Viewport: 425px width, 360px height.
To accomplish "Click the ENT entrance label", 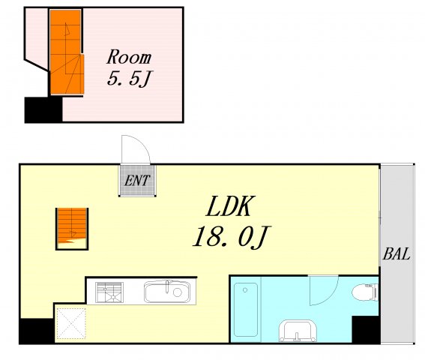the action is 137,181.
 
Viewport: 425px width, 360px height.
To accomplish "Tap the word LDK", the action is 230,206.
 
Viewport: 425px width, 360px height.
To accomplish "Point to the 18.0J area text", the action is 230,238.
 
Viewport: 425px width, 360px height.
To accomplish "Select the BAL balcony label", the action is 396,254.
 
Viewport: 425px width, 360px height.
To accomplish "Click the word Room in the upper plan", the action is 129,58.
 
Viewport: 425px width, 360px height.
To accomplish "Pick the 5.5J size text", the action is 130,79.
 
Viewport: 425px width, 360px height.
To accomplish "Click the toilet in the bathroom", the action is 365,292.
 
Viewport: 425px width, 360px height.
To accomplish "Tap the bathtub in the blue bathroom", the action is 246,310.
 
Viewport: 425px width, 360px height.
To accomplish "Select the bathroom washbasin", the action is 298,331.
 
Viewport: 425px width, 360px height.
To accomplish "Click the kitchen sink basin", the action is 167,292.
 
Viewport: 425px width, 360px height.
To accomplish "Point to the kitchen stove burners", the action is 109,292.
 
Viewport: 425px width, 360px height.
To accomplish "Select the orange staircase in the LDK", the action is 72,229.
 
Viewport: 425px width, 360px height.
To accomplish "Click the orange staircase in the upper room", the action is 67,52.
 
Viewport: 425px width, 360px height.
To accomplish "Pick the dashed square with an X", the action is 71,323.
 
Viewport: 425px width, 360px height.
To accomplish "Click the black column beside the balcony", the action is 366,329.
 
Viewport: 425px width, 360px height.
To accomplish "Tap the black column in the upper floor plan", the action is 43,109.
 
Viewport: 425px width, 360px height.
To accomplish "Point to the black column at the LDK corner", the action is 37,331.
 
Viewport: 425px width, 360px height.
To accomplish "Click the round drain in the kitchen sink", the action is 178,292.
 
